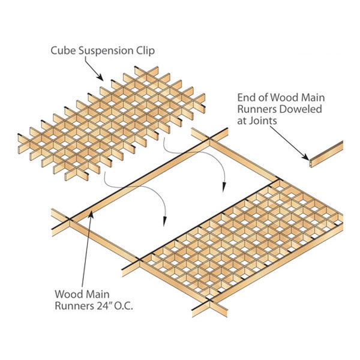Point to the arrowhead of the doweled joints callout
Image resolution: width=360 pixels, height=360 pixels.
click(x=308, y=158)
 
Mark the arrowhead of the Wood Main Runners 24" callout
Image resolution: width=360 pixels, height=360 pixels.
click(x=89, y=211)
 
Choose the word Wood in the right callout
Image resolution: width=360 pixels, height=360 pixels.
click(x=289, y=97)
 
